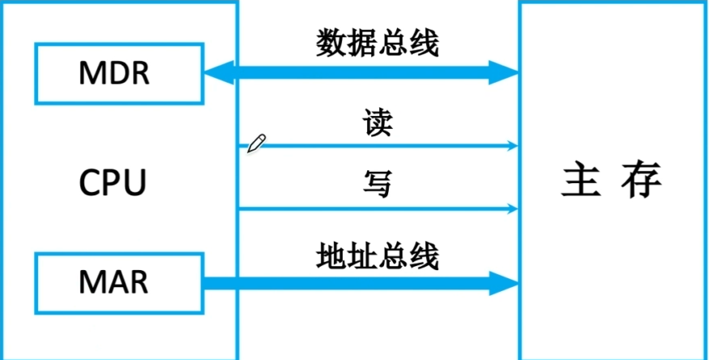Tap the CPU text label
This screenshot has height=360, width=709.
coord(113,182)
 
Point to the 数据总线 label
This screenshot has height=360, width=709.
coord(377,44)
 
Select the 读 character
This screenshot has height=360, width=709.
coord(377,124)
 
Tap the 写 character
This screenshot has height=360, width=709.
coord(377,185)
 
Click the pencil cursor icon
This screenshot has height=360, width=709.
coord(256,144)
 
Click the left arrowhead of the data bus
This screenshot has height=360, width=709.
coord(214,74)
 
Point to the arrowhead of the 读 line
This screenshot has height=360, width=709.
coord(512,146)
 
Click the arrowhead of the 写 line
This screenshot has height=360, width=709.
coord(512,209)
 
